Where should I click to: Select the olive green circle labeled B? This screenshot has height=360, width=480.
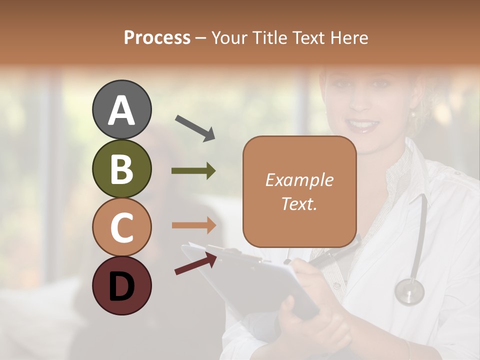122,168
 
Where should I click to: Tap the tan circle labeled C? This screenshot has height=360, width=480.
122,227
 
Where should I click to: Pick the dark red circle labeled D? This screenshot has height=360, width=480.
122,285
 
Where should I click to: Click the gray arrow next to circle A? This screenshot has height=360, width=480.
194,127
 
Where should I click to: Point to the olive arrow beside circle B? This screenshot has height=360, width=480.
193,171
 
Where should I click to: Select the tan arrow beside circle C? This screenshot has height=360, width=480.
193,225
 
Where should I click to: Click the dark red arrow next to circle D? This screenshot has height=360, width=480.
195,263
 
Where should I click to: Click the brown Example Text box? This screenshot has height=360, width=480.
299,191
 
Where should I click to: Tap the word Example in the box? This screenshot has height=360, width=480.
299,180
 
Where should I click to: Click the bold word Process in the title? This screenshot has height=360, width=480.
157,37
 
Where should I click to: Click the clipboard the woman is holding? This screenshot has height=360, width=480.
250,280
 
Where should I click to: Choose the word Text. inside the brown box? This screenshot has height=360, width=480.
299,203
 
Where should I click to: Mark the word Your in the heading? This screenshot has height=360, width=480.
230,37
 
